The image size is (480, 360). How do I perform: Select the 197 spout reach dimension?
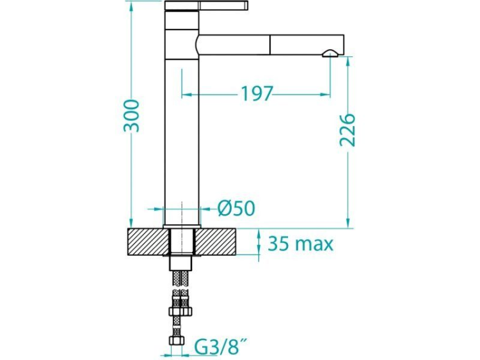257,94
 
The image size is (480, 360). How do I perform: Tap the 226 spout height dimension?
347,130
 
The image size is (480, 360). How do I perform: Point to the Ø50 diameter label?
236,208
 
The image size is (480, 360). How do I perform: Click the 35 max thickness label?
300,244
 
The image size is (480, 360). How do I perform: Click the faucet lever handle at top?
206,6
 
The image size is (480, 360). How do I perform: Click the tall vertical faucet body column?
182,141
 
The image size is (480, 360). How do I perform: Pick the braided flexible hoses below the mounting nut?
182,288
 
